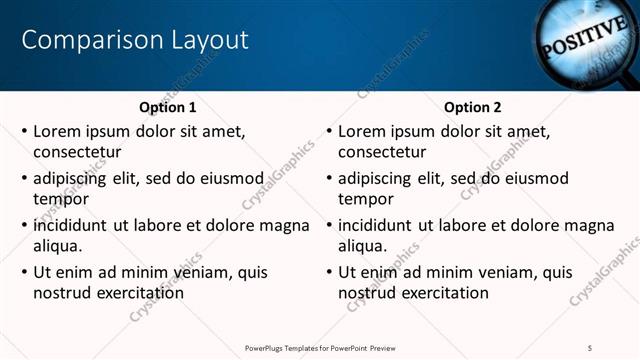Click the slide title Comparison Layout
pos(135,40)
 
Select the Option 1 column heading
pos(166,107)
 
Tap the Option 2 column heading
pos(472,107)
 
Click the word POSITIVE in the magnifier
pos(582,40)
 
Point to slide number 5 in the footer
pos(590,347)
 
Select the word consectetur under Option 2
pos(383,153)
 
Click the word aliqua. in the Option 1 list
pos(57,246)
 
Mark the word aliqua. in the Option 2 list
pos(363,246)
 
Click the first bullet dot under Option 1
pos(24,131)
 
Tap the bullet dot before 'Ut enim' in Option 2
pos(329,272)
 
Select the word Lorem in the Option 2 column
pos(362,131)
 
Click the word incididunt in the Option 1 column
pos(71,224)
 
